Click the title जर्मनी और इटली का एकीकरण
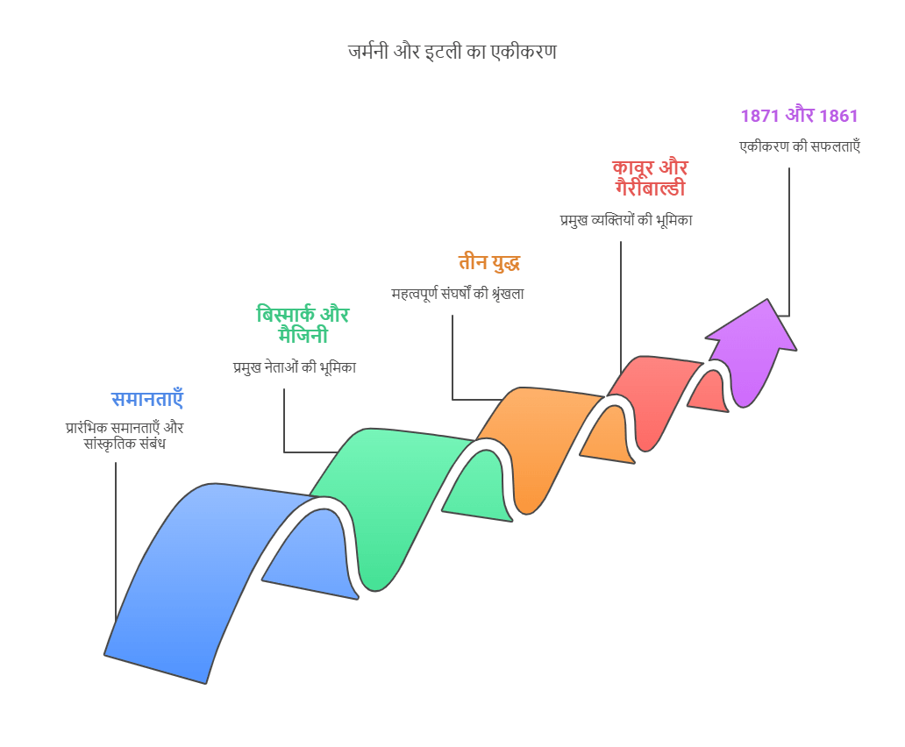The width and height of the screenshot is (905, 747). [x=452, y=52]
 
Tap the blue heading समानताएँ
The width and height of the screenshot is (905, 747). [x=147, y=399]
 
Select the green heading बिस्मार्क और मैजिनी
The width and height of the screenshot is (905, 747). [x=303, y=324]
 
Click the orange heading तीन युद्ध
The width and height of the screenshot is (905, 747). [x=489, y=262]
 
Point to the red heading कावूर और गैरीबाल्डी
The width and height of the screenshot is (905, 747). [x=650, y=178]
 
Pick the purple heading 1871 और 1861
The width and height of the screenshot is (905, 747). [x=800, y=116]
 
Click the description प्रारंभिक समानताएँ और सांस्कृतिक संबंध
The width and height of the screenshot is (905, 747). [x=125, y=436]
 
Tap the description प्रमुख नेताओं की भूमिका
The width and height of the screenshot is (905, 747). [x=295, y=367]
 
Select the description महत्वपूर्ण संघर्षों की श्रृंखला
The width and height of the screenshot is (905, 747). [x=458, y=294]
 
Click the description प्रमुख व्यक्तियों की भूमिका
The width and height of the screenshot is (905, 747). [x=626, y=220]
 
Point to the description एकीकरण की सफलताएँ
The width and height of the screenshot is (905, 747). [x=800, y=146]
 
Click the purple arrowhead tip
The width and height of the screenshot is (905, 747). [x=767, y=299]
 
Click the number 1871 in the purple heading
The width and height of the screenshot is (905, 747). [x=759, y=116]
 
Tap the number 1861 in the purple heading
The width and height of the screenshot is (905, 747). [x=838, y=116]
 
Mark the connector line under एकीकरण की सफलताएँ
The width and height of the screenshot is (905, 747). [x=789, y=242]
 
